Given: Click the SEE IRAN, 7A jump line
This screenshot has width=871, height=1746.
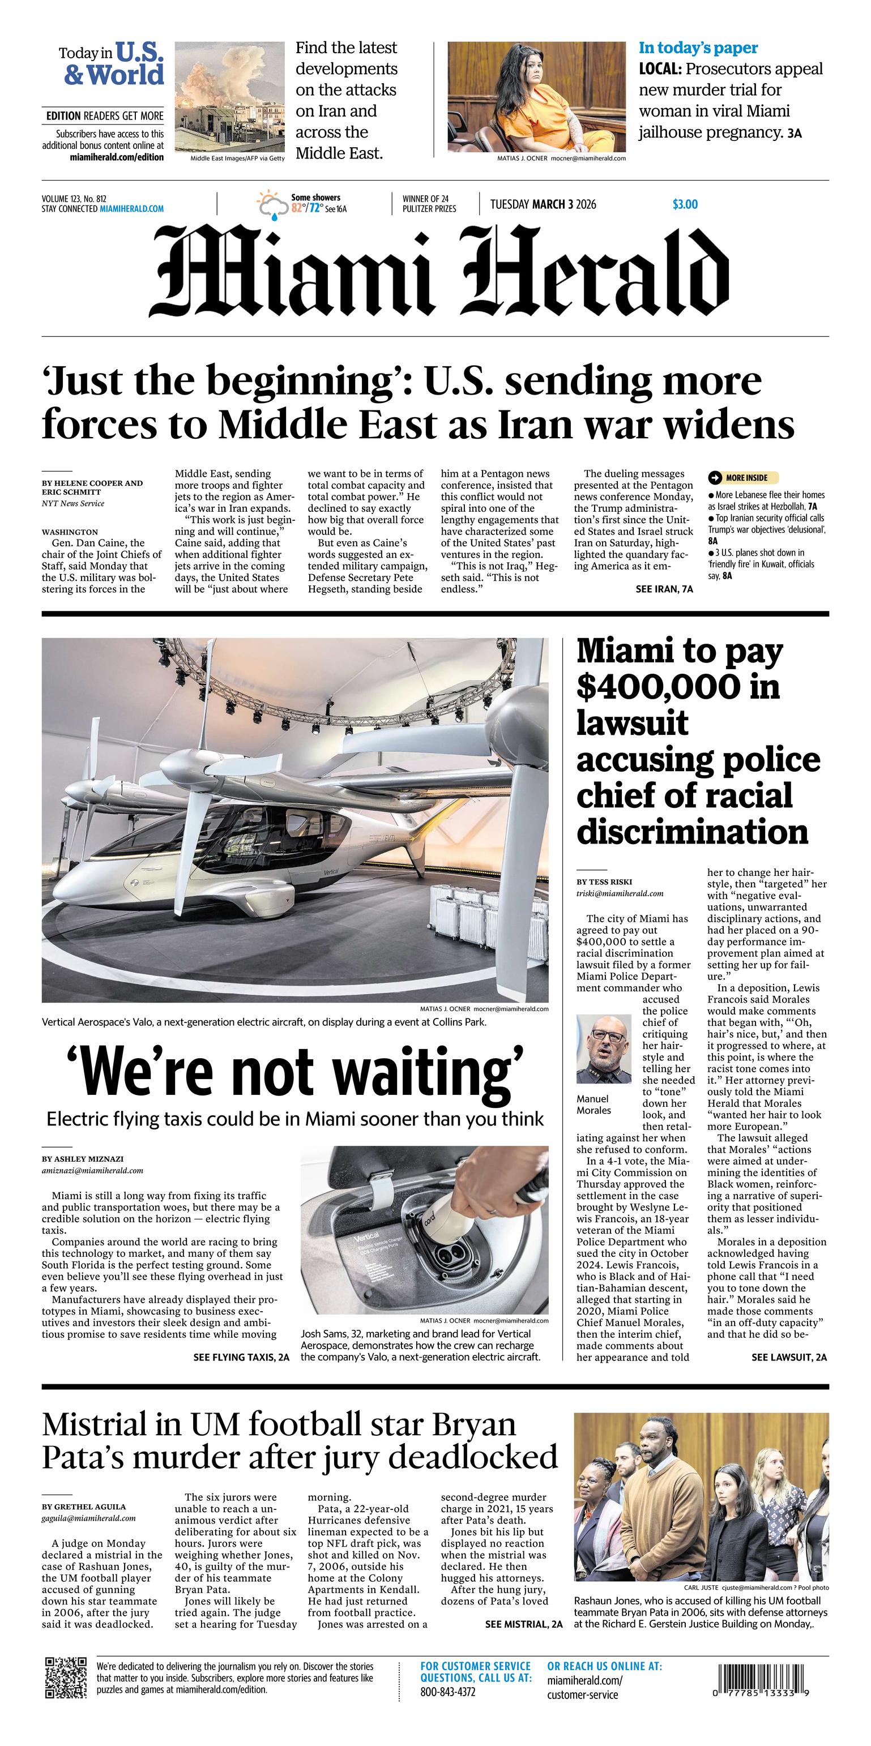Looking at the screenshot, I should point(664,589).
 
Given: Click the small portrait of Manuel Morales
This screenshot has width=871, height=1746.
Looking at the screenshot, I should point(603,1050).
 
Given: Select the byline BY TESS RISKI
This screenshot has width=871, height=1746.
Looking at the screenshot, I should point(604,882).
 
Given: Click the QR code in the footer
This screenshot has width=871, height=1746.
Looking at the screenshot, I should point(66,1677).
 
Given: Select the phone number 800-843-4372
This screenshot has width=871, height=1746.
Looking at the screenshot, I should point(447,1692).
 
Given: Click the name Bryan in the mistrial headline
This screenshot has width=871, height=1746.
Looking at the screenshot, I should point(474,1426).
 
